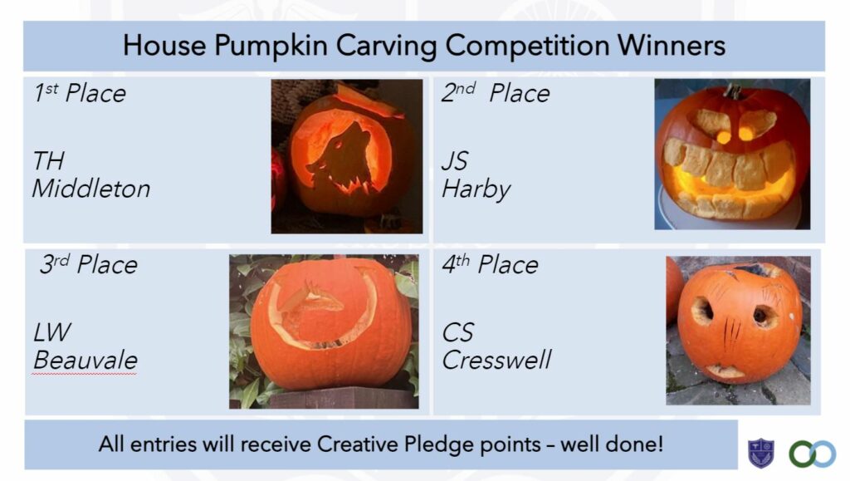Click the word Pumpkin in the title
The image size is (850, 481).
pos(271,46)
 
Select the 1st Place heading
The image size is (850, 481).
pos(80,93)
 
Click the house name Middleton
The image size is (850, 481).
pos(91,189)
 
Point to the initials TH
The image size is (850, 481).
pos(48,161)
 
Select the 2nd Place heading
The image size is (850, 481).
pos(496,93)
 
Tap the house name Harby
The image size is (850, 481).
pos(476,189)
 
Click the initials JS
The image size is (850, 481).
pos(454,161)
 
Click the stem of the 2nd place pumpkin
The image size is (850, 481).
pos(733,91)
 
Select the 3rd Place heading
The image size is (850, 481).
pos(88,264)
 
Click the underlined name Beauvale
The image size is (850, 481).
pos(85,360)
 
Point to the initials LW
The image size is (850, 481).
pos(52,332)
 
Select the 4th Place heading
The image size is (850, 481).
pos(490,264)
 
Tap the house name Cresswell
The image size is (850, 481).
pos(496,360)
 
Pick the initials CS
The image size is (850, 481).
pos(458,332)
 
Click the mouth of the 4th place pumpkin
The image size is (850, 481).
pos(725,371)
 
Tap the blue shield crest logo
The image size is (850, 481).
pos(761,453)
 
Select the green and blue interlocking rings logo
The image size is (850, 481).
pos(812,454)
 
